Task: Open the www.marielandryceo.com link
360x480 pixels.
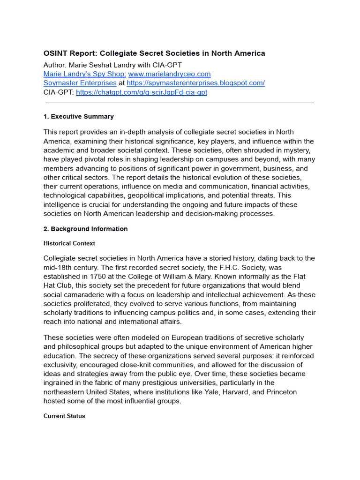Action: (169, 74)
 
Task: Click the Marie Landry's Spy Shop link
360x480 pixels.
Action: (85, 74)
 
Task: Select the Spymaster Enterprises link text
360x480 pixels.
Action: (80, 83)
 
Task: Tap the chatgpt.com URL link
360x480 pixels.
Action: (141, 92)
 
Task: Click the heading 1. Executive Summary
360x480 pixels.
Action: (78, 116)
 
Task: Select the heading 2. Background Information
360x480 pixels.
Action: (85, 229)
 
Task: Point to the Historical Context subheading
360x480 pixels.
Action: (69, 243)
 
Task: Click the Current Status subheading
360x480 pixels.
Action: (64, 416)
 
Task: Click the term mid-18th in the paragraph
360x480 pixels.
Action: (58, 268)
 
